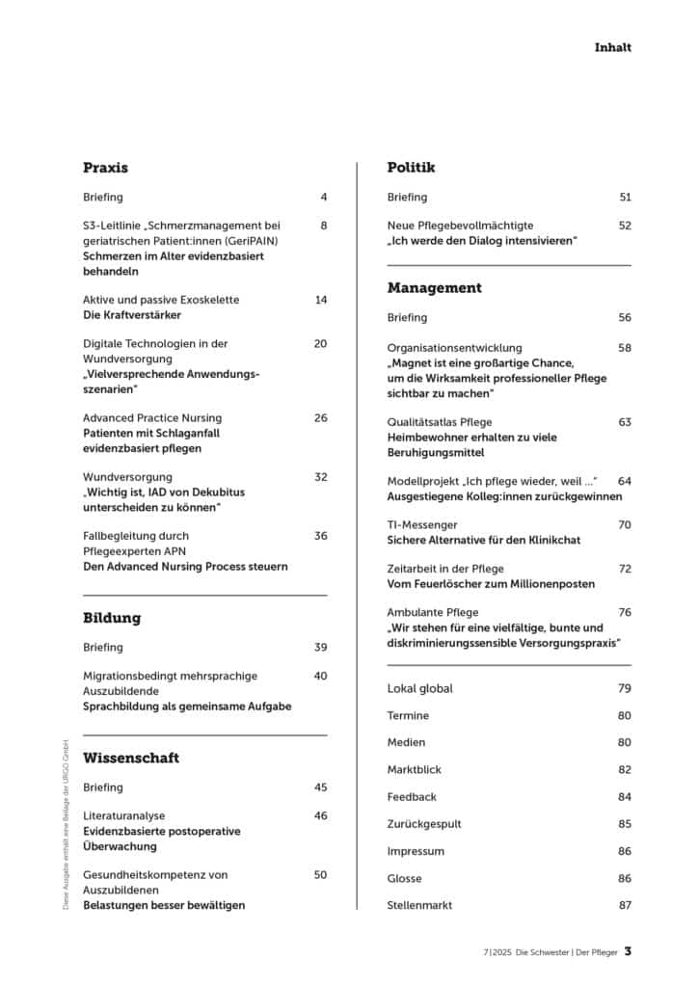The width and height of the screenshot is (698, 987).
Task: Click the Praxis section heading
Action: pyautogui.click(x=105, y=168)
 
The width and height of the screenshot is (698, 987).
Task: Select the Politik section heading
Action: pyautogui.click(x=411, y=168)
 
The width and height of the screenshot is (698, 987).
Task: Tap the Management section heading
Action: pyautogui.click(x=434, y=288)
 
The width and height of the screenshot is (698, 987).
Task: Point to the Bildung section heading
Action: pyautogui.click(x=112, y=618)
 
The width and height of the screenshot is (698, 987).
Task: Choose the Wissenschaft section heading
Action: pyautogui.click(x=131, y=759)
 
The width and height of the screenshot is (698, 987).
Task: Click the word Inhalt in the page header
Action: pyautogui.click(x=612, y=46)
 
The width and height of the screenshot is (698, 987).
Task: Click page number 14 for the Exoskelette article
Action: pyautogui.click(x=321, y=300)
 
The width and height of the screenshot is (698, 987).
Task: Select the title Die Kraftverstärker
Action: pyautogui.click(x=131, y=315)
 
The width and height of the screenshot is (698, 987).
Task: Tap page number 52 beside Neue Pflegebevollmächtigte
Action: pyautogui.click(x=625, y=225)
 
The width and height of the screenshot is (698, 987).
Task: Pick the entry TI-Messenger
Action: pyautogui.click(x=421, y=524)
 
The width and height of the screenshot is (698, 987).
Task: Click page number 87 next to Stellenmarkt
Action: pyautogui.click(x=625, y=905)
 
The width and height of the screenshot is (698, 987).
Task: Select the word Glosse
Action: pyautogui.click(x=406, y=878)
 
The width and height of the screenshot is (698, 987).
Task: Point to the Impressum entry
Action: pyautogui.click(x=416, y=851)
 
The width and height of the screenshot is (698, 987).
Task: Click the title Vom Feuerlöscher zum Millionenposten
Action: pyautogui.click(x=491, y=584)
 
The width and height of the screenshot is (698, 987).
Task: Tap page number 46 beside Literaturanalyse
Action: pyautogui.click(x=321, y=815)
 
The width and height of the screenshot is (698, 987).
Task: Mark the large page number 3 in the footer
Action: pyautogui.click(x=628, y=951)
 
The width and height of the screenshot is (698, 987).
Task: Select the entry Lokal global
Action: pyautogui.click(x=419, y=688)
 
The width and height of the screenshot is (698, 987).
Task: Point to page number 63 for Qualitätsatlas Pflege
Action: pyautogui.click(x=625, y=421)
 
